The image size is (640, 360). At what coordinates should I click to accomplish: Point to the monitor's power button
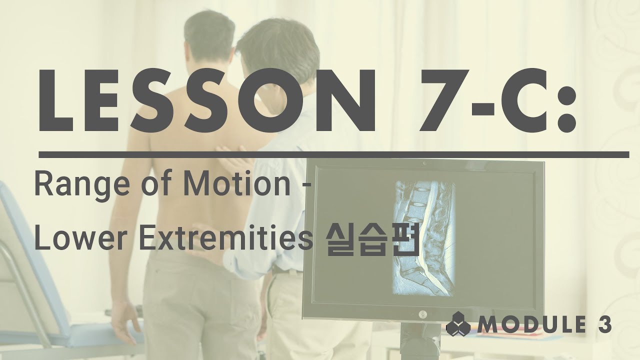coord(422,314)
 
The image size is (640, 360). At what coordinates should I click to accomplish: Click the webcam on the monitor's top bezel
coord(424,162)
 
